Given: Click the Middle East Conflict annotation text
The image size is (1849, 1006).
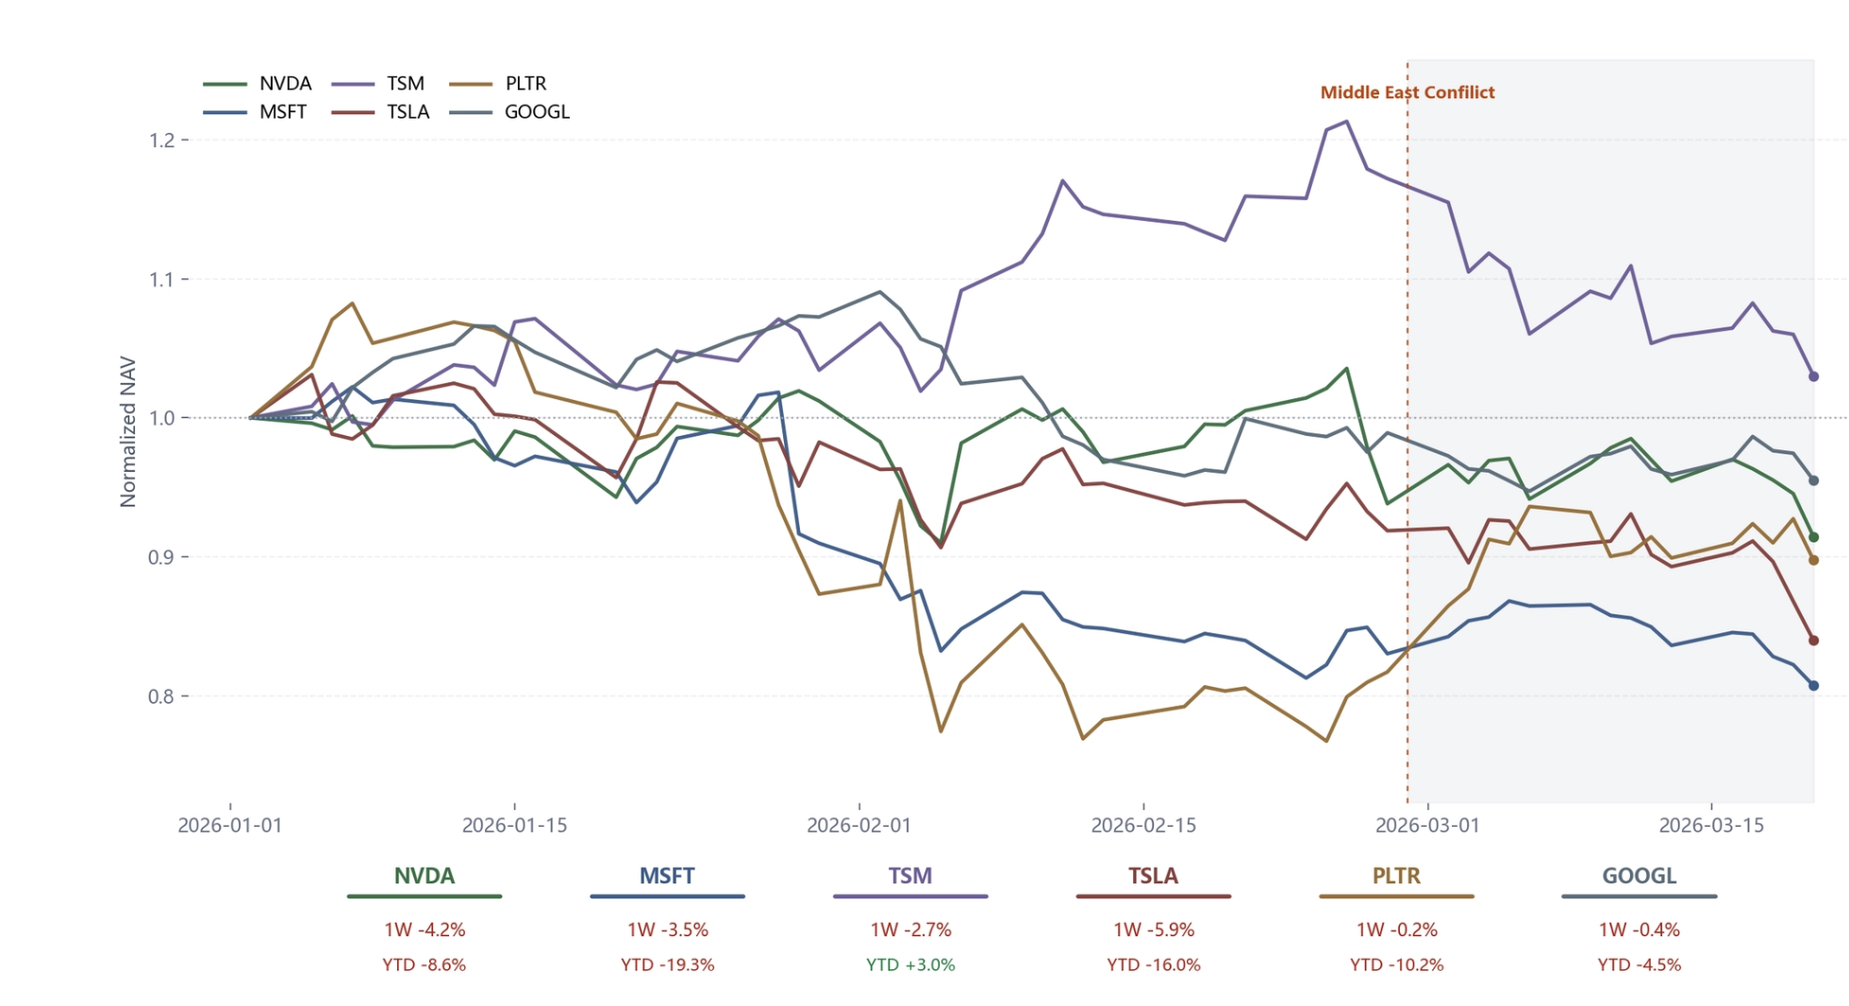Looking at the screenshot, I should click(1407, 92).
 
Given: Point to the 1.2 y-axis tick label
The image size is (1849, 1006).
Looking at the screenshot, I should click(162, 141).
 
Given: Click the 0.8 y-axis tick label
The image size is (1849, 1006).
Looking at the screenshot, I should click(162, 696).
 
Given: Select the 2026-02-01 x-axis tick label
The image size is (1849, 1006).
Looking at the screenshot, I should click(858, 826).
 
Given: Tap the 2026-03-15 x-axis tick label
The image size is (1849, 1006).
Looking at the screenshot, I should click(1711, 826).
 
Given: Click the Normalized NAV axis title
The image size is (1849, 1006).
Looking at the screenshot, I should click(128, 431).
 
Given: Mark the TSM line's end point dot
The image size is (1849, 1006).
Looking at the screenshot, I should click(1813, 377).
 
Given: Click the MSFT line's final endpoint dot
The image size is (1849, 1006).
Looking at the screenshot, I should click(1813, 686).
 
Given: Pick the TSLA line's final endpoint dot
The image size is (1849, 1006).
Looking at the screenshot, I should click(1813, 641).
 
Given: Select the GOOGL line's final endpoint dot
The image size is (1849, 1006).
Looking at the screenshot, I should click(1813, 481).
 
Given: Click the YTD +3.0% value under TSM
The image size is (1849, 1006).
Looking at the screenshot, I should click(910, 965).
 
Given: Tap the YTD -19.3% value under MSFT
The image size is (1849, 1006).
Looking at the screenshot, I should click(667, 965).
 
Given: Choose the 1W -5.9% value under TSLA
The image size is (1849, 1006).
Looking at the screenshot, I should click(1154, 931).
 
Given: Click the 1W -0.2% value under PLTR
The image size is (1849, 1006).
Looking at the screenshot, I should click(1396, 931).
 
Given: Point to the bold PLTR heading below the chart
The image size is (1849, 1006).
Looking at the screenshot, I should click(1396, 877).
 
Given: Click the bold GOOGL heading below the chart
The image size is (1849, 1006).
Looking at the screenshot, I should click(1640, 877).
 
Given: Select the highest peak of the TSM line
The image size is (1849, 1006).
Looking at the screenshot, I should click(1346, 122).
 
